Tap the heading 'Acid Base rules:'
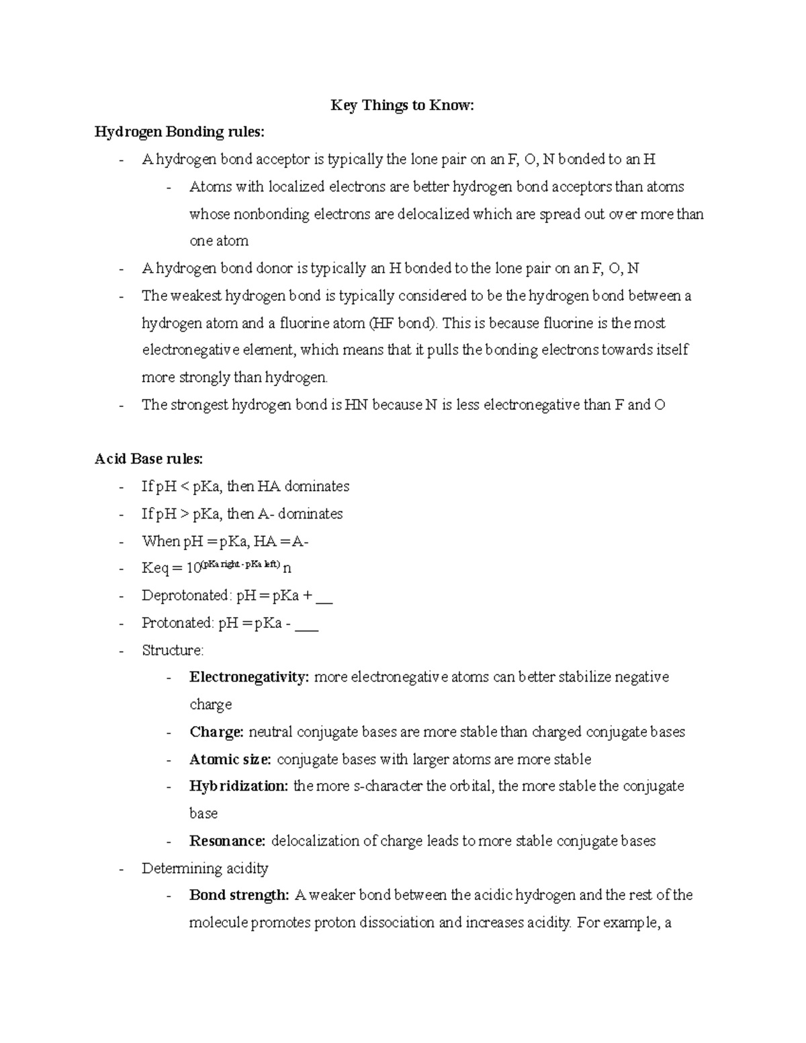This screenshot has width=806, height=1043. [x=148, y=459]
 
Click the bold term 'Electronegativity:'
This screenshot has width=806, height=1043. [x=249, y=677]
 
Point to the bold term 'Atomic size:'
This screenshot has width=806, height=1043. [x=230, y=760]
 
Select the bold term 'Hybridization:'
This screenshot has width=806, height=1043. [x=238, y=786]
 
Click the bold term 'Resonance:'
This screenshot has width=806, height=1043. [x=228, y=841]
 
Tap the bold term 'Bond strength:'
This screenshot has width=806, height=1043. [x=238, y=895]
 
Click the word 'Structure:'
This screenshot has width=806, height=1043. [x=173, y=650]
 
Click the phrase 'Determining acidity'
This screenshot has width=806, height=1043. [x=205, y=868]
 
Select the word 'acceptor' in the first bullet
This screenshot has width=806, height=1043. [x=281, y=159]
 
